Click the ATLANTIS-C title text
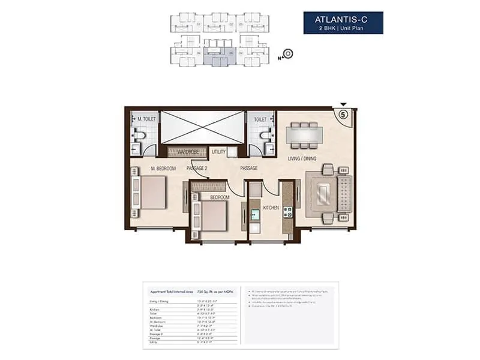pyautogui.click(x=343, y=19)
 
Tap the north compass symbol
pyautogui.click(x=287, y=54)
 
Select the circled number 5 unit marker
pyautogui.click(x=344, y=113)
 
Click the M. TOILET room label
pyautogui.click(x=147, y=119)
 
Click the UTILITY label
pyautogui.click(x=218, y=152)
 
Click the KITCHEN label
pyautogui.click(x=272, y=208)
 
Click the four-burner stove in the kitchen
pyautogui.click(x=287, y=212)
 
